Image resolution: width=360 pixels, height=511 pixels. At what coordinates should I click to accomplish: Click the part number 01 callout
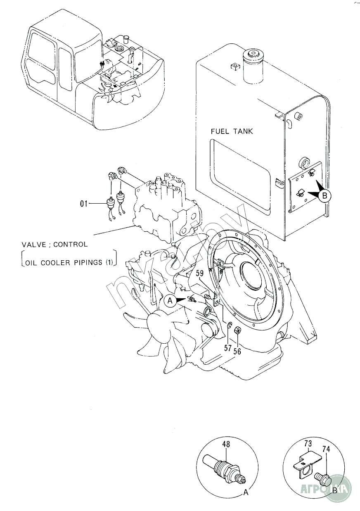(84, 203)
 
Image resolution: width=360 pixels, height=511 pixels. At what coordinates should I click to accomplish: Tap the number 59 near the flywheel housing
(200, 273)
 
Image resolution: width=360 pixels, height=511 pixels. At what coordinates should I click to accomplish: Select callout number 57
(228, 348)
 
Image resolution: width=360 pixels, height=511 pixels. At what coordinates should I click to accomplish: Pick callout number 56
(237, 351)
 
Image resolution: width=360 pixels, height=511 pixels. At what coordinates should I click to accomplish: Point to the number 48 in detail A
(226, 445)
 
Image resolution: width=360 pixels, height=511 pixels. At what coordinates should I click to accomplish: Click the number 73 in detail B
(308, 444)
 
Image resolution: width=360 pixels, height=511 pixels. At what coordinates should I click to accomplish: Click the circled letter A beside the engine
(169, 301)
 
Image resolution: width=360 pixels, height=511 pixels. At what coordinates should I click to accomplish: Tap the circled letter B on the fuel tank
(325, 196)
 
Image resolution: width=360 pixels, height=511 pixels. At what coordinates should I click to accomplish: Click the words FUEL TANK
(232, 132)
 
